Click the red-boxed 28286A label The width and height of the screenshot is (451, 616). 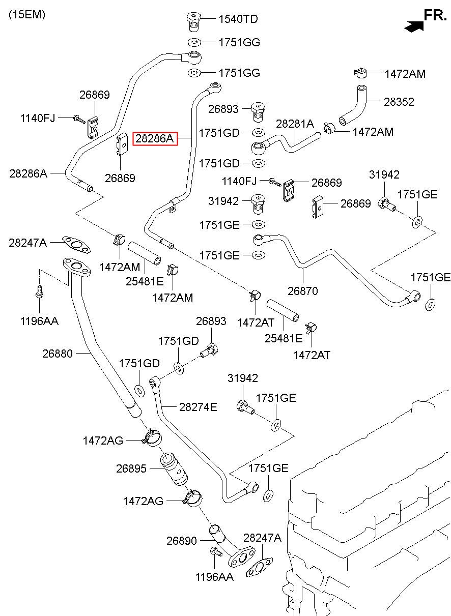point(155,138)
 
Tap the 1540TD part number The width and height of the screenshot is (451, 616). point(238,19)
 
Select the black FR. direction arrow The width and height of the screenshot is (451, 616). point(414,26)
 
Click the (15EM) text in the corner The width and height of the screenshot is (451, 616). point(27,15)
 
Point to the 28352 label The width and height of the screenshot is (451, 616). point(399,102)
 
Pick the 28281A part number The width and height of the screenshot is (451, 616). point(295,124)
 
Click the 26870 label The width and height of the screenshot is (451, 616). point(303,291)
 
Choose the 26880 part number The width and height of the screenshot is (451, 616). point(57,354)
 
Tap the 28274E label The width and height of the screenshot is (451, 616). point(198,407)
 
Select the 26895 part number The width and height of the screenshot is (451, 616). point(131,468)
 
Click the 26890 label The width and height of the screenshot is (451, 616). point(182,541)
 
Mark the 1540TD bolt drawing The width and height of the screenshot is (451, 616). point(194,21)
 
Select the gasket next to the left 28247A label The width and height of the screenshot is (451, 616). point(76,244)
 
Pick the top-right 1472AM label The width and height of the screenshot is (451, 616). point(405,74)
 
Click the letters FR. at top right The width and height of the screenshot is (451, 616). point(435,15)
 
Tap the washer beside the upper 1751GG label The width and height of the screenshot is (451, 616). point(194,42)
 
